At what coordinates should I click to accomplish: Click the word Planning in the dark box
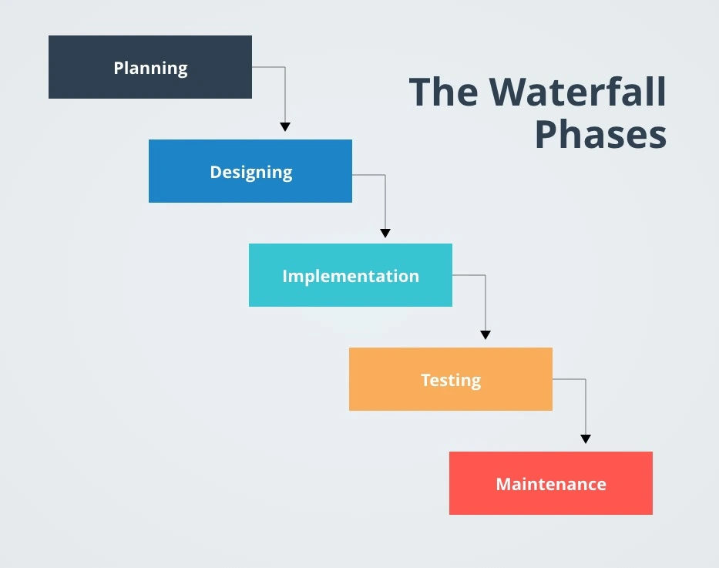click(150, 68)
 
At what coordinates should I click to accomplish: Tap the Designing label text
click(250, 172)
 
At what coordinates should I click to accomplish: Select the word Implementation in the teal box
click(350, 276)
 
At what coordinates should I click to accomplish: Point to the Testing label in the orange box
click(450, 380)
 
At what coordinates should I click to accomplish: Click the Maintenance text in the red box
click(550, 484)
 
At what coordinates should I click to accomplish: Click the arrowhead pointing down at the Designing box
click(285, 126)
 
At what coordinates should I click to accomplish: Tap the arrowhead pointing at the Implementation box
click(385, 233)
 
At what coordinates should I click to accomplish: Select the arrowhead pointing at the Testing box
click(485, 334)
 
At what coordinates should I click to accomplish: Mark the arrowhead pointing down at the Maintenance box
click(585, 439)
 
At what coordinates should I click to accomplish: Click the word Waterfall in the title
click(578, 92)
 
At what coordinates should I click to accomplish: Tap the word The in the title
click(444, 92)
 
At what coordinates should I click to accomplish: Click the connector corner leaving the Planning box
click(285, 67)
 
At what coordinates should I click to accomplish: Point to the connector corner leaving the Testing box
click(585, 379)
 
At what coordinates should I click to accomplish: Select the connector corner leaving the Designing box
click(385, 175)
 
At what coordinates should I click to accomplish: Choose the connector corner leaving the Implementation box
click(485, 275)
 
